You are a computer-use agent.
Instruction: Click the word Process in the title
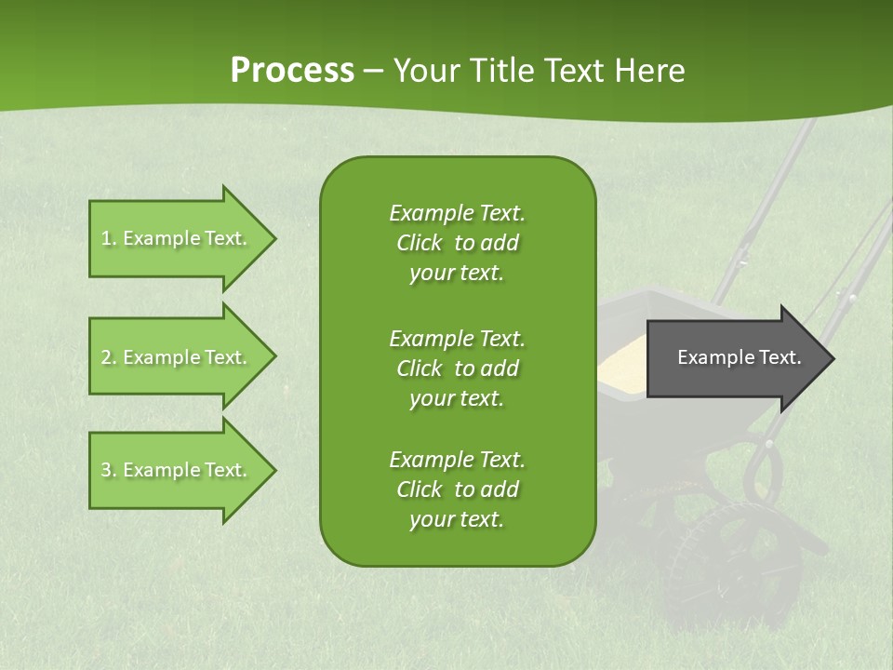pos(291,70)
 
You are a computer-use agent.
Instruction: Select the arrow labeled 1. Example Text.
pos(177,238)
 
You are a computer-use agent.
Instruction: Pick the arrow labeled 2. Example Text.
pos(177,357)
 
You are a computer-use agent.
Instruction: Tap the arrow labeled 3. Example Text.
pos(177,470)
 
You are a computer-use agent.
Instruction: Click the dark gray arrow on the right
pos(735,357)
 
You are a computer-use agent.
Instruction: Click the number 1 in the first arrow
pos(106,238)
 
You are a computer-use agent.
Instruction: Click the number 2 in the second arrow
pos(106,357)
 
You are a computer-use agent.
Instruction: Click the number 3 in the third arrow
pos(106,470)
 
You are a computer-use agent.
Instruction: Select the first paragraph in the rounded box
pos(457,243)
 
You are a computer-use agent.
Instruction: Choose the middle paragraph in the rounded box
pos(457,368)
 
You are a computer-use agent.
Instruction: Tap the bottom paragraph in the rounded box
pos(457,489)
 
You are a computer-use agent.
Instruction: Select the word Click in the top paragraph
pos(419,243)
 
